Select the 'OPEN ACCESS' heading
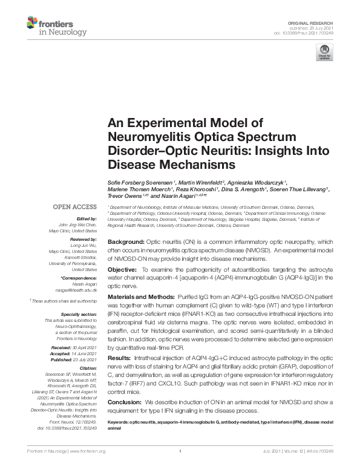[x=76, y=207]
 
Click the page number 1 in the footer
[x=180, y=468]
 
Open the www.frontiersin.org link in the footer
[x=84, y=468]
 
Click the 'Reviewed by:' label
[x=84, y=239]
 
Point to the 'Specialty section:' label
[x=80, y=313]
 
